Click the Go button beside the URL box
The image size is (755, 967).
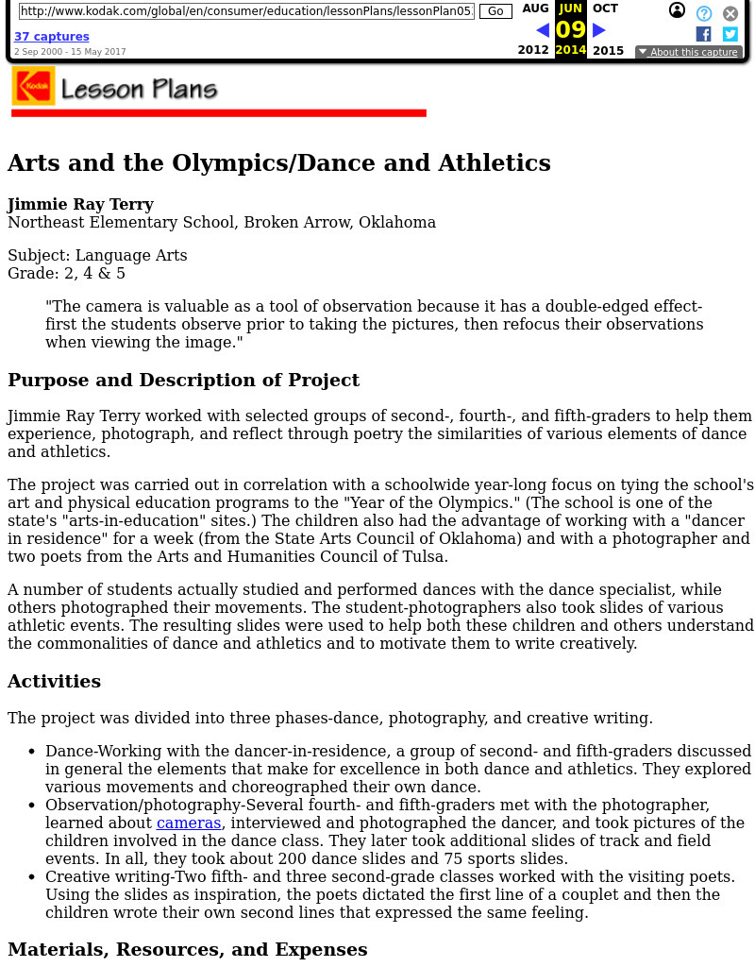495,11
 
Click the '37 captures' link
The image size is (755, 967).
51,37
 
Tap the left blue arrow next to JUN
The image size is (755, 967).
543,30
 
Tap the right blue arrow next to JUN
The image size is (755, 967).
598,30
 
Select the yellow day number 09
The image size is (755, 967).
570,30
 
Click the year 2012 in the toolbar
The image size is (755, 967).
533,50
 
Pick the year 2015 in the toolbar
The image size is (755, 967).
608,50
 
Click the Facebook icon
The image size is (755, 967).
703,34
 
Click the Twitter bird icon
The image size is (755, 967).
730,34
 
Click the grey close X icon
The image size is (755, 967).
730,13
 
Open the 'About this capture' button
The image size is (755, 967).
687,52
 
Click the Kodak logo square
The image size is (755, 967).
33,86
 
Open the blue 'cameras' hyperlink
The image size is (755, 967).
189,823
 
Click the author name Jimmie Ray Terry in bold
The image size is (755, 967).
80,204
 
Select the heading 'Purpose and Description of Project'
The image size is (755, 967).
183,380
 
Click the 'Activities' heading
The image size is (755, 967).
54,681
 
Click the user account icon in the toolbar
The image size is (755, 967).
677,10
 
